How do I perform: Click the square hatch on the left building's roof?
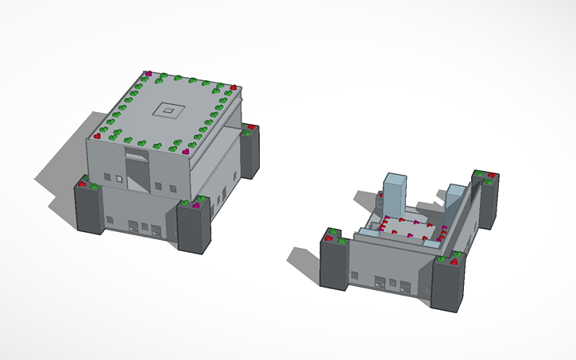(x=168, y=110)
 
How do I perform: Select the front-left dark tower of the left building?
(x=89, y=209)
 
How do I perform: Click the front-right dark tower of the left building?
(x=194, y=229)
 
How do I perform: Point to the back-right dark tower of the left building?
(x=250, y=154)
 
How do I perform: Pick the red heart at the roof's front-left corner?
(x=98, y=136)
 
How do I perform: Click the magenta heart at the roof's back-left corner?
(x=148, y=74)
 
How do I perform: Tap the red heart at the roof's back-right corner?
(x=234, y=87)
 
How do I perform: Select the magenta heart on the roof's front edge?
(x=186, y=150)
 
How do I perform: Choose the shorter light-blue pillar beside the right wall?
(x=455, y=202)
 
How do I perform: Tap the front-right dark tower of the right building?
(x=450, y=284)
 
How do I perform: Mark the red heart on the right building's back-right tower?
(x=493, y=174)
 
